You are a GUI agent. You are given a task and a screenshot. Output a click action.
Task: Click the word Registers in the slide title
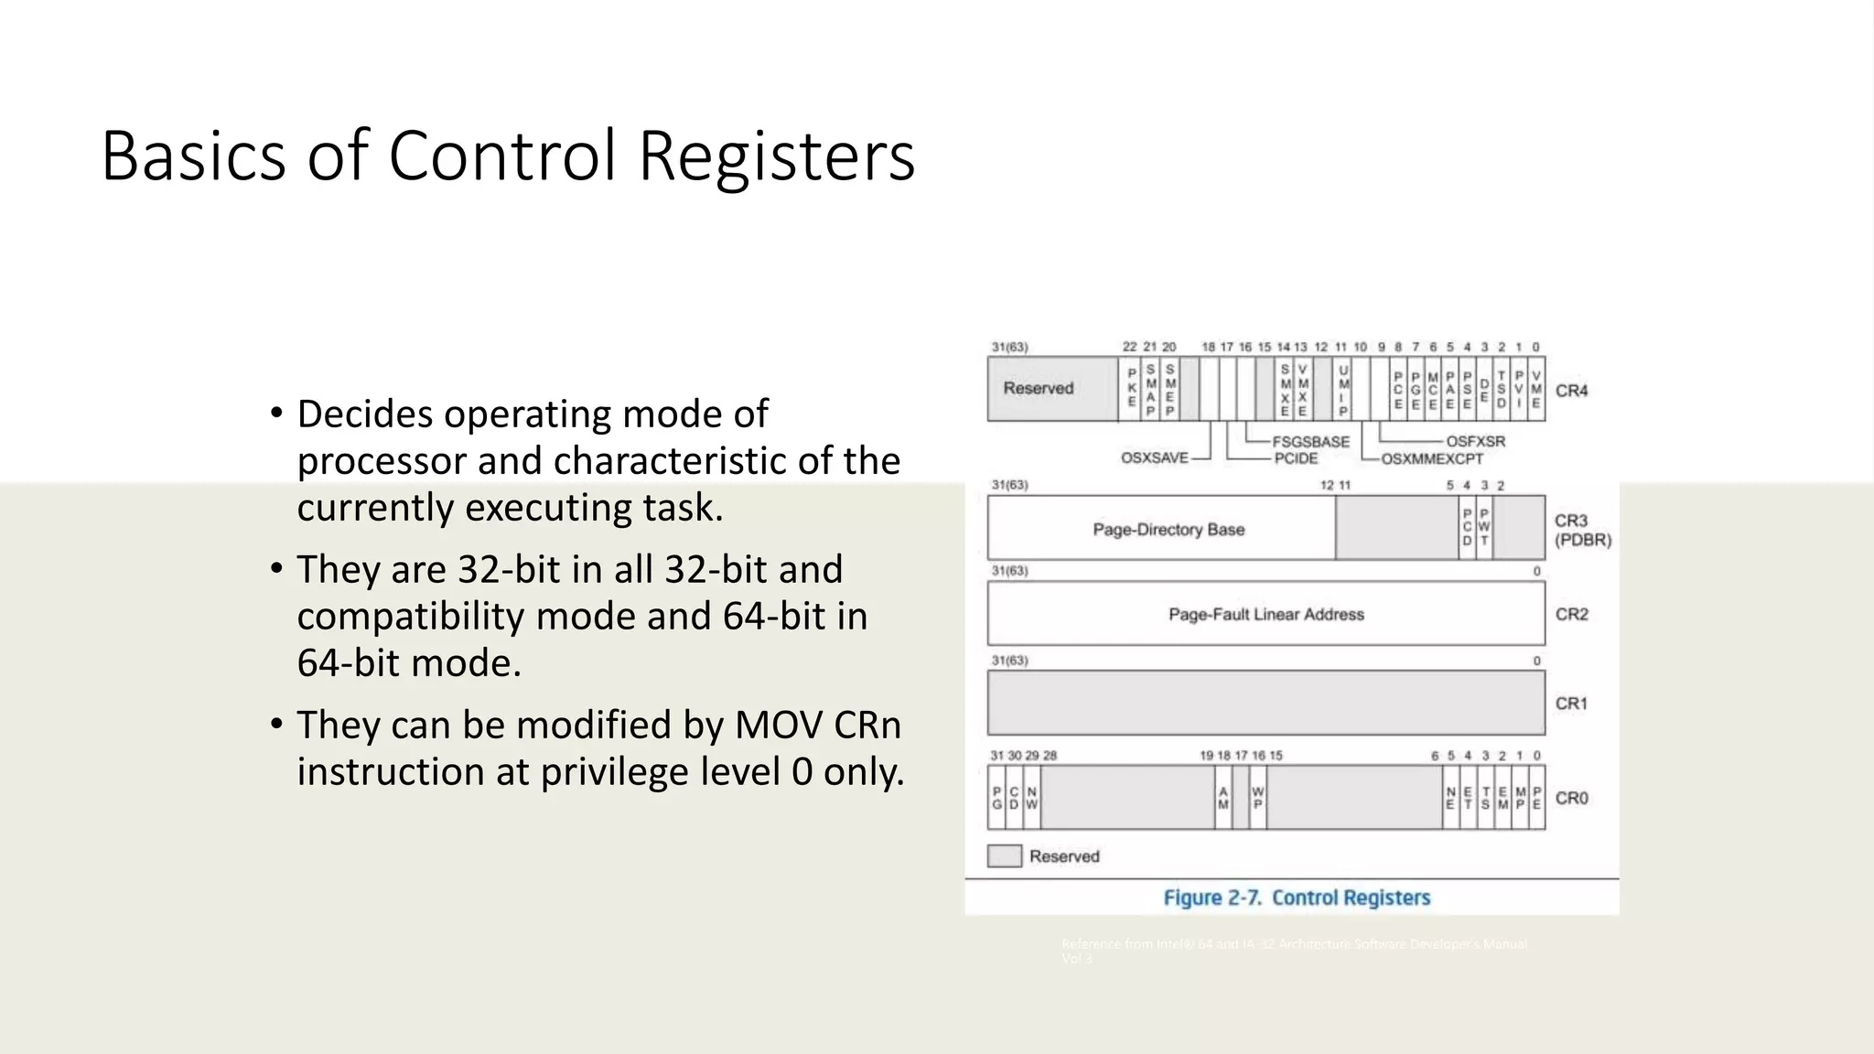(776, 156)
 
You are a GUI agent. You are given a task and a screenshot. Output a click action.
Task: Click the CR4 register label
(1571, 391)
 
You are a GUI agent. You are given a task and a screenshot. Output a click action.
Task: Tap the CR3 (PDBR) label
(1581, 530)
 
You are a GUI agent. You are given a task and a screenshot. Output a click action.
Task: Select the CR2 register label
(1571, 614)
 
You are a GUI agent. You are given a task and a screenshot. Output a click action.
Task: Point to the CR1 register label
(1571, 704)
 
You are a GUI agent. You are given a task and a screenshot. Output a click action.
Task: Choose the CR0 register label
(1571, 798)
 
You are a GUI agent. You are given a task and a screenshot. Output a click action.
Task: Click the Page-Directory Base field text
(1169, 530)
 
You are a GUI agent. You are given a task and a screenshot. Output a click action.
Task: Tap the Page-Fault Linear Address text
(1265, 615)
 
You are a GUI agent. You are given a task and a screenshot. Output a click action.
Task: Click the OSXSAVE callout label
(1154, 457)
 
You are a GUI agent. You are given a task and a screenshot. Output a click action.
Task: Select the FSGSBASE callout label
(1310, 441)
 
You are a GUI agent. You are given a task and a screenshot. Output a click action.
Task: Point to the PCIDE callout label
(1296, 458)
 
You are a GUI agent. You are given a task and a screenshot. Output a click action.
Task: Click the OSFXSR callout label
(1475, 441)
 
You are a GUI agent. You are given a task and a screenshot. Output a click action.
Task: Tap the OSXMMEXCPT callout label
(1431, 458)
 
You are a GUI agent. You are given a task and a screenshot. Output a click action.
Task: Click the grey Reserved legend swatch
(1004, 856)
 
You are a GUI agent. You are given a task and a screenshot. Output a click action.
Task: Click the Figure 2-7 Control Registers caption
(1296, 898)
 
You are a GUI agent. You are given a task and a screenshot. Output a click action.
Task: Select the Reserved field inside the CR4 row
(1038, 388)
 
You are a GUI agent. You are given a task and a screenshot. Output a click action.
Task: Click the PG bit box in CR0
(997, 798)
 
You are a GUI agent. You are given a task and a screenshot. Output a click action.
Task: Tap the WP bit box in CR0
(1258, 798)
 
